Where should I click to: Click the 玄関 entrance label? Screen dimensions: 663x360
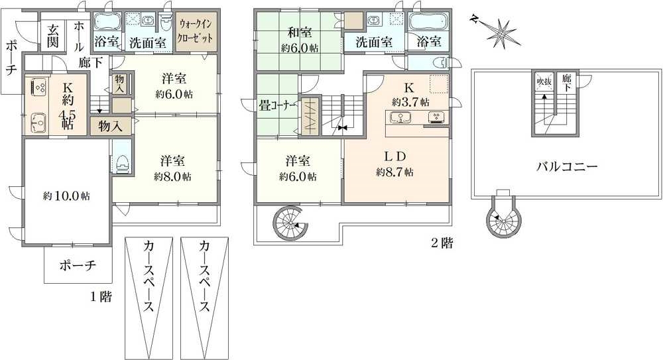(53, 36)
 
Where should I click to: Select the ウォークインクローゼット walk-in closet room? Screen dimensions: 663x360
(196, 31)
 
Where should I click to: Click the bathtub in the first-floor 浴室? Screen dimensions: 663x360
(107, 21)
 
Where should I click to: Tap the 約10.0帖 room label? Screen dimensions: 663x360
(66, 196)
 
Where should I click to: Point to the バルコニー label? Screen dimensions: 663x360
(567, 166)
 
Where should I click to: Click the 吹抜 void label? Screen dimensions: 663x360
(544, 80)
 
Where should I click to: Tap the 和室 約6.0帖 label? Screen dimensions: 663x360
(300, 39)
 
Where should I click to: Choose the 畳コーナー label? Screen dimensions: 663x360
(277, 106)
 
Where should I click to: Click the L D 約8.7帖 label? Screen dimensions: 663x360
(394, 164)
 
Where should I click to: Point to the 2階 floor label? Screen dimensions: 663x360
(442, 244)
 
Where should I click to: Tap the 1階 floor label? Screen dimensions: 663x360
(101, 296)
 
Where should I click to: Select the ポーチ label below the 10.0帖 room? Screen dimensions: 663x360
(78, 266)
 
